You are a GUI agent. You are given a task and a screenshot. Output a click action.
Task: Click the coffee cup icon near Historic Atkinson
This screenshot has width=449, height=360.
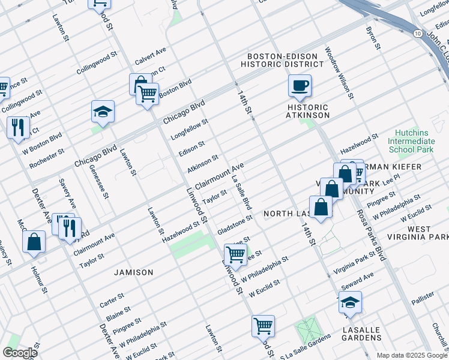(x=300, y=85)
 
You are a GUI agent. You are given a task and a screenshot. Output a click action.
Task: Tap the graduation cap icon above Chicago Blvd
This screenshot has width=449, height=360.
(x=103, y=112)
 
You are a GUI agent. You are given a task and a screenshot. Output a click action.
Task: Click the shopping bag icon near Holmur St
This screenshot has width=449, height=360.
(x=34, y=242)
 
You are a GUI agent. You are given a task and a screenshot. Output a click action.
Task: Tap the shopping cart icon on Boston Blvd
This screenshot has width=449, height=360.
(x=147, y=94)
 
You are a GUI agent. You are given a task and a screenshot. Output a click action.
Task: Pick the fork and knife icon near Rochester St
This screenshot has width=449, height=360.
(x=19, y=128)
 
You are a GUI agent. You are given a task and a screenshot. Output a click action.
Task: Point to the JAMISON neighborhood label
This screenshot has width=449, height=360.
(x=134, y=272)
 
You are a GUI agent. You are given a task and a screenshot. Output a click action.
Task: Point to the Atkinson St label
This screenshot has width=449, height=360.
(x=202, y=163)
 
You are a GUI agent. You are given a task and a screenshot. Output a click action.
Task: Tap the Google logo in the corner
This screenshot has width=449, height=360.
(x=20, y=352)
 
